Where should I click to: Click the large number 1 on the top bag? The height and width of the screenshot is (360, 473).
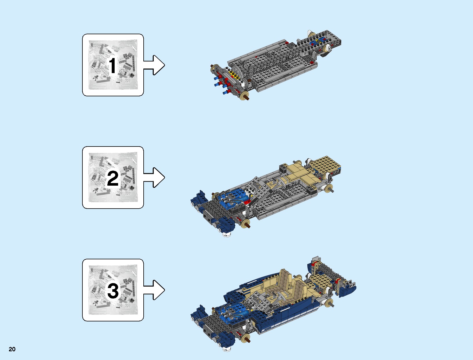point(113,66)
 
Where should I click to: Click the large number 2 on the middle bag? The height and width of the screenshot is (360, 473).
point(113,178)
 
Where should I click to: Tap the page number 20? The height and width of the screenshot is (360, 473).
point(12,349)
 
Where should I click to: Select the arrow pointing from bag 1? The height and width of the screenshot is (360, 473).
point(154,65)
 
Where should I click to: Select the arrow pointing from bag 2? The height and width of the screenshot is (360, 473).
point(154,178)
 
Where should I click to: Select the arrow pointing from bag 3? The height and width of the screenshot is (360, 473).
point(154,290)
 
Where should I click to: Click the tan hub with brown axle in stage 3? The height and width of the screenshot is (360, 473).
point(246,337)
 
